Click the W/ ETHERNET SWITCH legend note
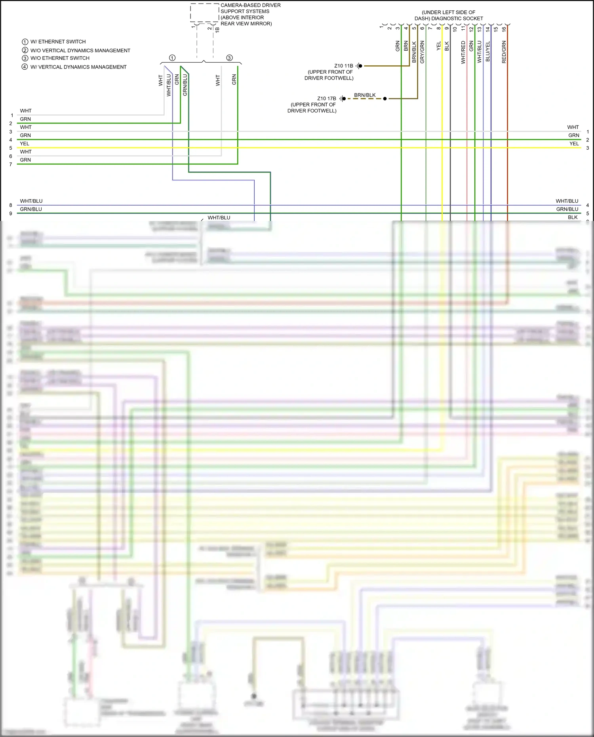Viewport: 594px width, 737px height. click(58, 42)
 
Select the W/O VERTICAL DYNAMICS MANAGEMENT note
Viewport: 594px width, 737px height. click(80, 50)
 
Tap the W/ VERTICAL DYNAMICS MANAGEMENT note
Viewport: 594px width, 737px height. click(78, 67)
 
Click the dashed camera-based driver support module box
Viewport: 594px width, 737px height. click(204, 13)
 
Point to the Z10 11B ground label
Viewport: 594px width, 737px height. click(343, 66)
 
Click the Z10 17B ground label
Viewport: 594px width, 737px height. click(326, 99)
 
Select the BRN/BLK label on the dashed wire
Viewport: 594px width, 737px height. click(365, 95)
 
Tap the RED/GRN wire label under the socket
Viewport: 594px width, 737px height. click(504, 52)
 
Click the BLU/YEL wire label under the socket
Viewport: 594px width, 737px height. click(487, 51)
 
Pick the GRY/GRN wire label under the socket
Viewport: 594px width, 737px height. click(422, 52)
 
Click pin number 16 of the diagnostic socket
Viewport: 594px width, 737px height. click(504, 29)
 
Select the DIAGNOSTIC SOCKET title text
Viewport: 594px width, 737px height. click(449, 18)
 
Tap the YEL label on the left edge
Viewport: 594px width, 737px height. click(25, 143)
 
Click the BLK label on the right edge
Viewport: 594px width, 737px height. click(573, 217)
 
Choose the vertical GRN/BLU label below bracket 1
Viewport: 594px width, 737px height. click(185, 85)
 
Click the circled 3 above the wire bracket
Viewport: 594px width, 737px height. click(229, 58)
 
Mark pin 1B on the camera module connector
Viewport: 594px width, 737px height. click(217, 29)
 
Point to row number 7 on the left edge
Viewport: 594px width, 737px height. click(11, 164)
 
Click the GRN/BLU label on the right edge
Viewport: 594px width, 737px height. click(567, 209)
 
